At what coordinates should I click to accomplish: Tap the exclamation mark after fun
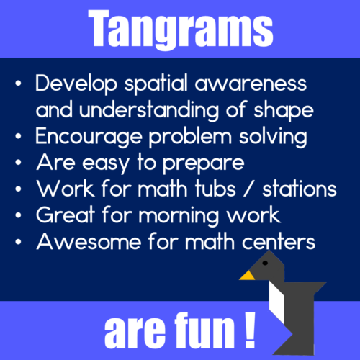[x=249, y=331]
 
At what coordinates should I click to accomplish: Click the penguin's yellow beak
[x=247, y=274]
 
